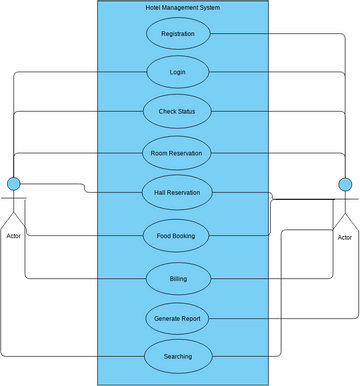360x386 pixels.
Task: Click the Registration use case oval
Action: (x=178, y=34)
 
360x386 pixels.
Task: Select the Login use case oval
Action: (x=178, y=72)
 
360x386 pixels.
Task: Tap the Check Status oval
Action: (x=178, y=111)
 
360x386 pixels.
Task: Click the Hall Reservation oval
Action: (x=177, y=192)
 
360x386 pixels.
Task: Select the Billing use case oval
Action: (x=177, y=277)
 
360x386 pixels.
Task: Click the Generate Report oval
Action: (x=177, y=319)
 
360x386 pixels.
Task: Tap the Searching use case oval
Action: (x=177, y=355)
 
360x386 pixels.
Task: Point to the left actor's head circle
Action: (x=14, y=184)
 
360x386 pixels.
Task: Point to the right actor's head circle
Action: (x=345, y=184)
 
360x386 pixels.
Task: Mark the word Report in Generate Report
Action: (x=192, y=319)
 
